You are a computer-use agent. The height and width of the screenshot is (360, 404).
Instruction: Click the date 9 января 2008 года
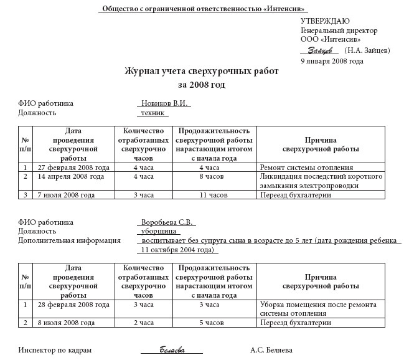(x=332, y=61)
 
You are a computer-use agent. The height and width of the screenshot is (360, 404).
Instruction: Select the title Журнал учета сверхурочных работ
(x=202, y=72)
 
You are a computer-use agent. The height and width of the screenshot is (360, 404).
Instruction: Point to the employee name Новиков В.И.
(x=164, y=103)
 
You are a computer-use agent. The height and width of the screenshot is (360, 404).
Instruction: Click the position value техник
(x=153, y=113)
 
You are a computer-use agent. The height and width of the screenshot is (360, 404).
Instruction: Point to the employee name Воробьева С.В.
(x=166, y=222)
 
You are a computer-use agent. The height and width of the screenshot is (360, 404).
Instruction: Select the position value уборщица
(x=156, y=231)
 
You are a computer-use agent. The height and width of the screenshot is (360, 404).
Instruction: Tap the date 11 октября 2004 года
(x=178, y=250)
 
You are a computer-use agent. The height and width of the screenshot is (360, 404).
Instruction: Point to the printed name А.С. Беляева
(x=271, y=350)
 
